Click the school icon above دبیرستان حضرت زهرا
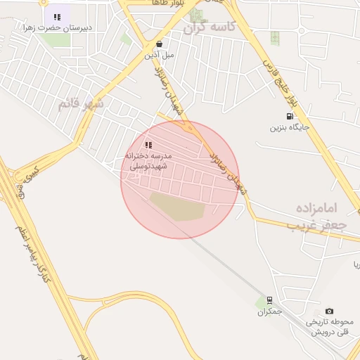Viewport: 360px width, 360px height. [57, 16]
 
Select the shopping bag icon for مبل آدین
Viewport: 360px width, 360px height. [160, 43]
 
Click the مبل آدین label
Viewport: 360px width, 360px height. [159, 53]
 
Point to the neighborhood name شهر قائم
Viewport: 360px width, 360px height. [81, 104]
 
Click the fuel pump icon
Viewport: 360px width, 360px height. [289, 117]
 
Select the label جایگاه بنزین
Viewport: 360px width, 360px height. [290, 128]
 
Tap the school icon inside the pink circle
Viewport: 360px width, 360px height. [148, 144]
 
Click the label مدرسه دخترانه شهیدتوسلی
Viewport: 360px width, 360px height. [149, 159]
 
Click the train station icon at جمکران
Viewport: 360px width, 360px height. [269, 300]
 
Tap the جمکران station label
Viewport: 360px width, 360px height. [269, 311]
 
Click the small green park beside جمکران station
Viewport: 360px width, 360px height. [259, 302]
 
